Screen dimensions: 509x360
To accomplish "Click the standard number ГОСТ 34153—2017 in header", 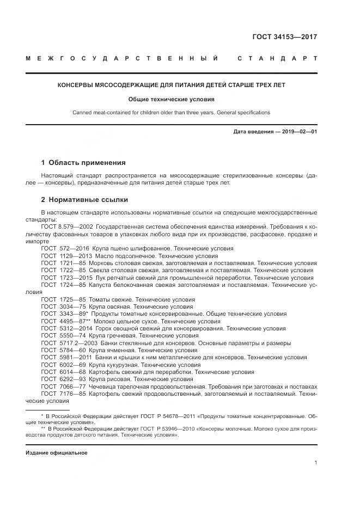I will click(285, 38).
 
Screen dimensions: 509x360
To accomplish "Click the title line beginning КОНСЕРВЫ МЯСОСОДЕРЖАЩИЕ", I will click(172, 85).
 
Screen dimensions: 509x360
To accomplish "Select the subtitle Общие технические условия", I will click(172, 100).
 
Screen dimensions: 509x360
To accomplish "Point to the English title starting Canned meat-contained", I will click(172, 113).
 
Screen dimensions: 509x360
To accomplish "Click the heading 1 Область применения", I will click(83, 162).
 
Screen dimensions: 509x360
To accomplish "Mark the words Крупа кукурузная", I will click(117, 365).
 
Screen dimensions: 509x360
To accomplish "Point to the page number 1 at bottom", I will click(316, 463).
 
